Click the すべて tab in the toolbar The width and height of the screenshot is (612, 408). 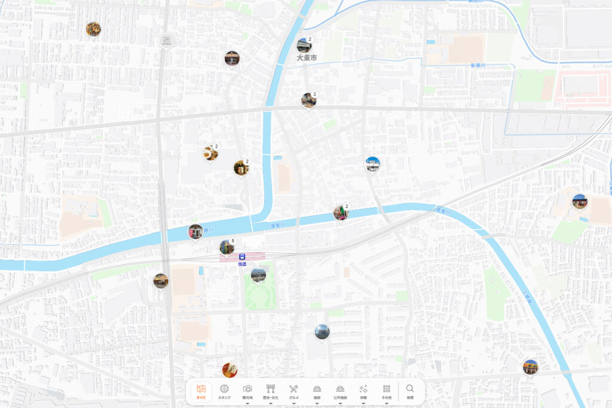202,391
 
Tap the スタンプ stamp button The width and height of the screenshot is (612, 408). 224,391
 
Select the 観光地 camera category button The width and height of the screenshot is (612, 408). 247,391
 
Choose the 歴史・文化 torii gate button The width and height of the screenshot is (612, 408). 271,391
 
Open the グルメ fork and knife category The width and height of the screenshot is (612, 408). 293,391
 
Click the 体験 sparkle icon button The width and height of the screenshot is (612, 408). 363,391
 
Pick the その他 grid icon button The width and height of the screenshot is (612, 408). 387,391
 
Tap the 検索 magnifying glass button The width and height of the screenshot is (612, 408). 410,391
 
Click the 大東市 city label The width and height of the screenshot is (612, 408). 307,58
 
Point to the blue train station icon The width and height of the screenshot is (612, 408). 242,256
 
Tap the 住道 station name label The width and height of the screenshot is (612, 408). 242,263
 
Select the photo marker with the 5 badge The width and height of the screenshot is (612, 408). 227,247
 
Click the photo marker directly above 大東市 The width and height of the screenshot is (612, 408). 304,45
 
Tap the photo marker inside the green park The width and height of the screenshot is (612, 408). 258,275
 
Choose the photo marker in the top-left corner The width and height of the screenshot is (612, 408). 93,29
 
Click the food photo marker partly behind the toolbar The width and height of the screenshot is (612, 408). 229,370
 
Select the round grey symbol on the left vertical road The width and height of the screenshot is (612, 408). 166,41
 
